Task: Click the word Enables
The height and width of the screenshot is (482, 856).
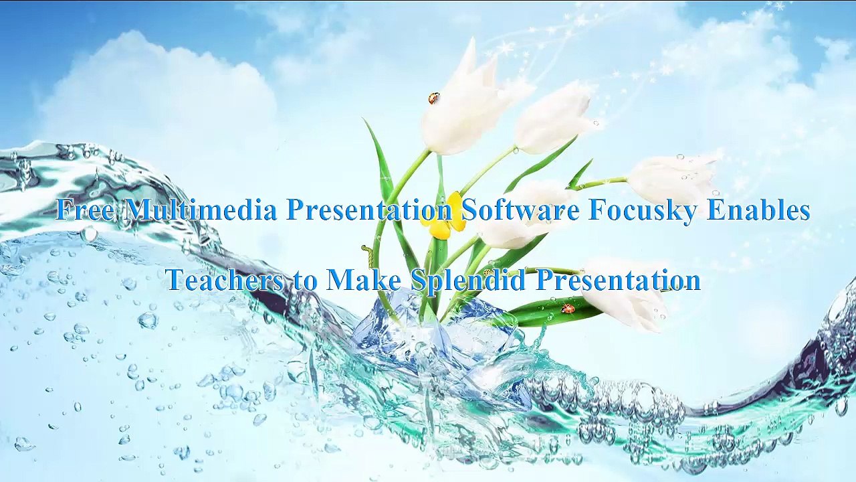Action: [x=758, y=210]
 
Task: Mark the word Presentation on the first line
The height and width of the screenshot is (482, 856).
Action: [x=369, y=210]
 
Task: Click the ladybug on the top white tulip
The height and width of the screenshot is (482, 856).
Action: [x=433, y=98]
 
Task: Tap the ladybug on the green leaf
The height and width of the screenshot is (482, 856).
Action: [x=568, y=309]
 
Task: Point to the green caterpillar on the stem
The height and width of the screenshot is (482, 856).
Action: [x=366, y=254]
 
